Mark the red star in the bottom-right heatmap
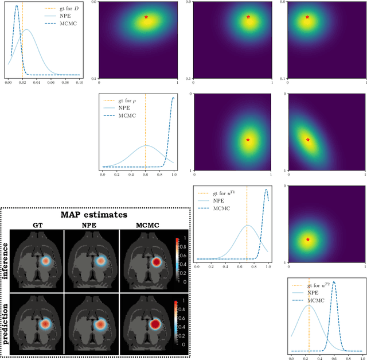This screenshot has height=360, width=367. pos(308,239)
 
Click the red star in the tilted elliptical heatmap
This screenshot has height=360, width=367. pos(308,140)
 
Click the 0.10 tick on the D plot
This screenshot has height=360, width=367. pos(79,83)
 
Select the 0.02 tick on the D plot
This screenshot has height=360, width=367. pos(22,83)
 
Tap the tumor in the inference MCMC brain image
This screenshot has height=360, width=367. pos(156,261)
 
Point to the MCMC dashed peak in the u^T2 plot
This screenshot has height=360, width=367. pos(334,282)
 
